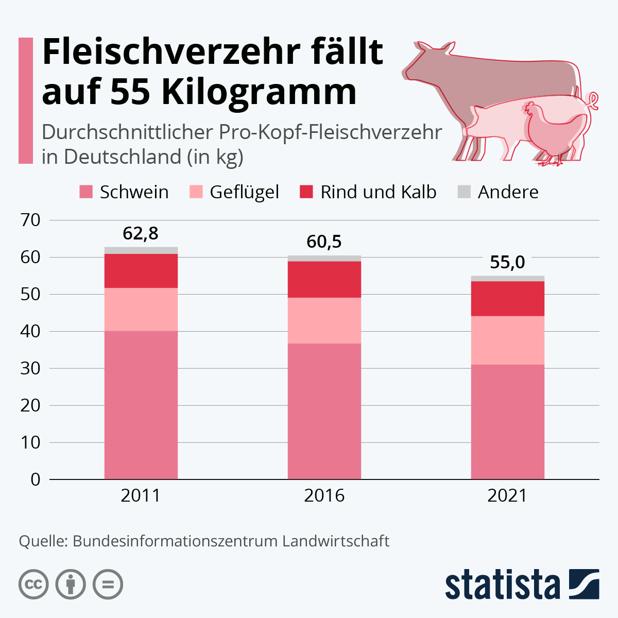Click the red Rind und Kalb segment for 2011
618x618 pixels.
tap(141, 271)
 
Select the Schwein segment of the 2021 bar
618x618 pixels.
tap(508, 422)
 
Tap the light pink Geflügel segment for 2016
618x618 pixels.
tap(324, 320)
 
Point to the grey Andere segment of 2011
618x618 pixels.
tap(141, 250)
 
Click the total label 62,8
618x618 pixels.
tap(141, 234)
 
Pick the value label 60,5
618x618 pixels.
tap(324, 242)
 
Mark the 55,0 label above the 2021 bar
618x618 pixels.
tap(507, 262)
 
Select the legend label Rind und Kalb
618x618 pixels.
tap(378, 192)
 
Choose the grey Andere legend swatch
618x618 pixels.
tap(464, 192)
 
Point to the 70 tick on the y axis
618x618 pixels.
tap(30, 220)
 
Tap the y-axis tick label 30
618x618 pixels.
tap(30, 368)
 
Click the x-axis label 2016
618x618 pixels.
tap(324, 495)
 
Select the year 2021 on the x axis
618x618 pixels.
tap(507, 495)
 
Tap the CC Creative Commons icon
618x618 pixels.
tap(33, 585)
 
